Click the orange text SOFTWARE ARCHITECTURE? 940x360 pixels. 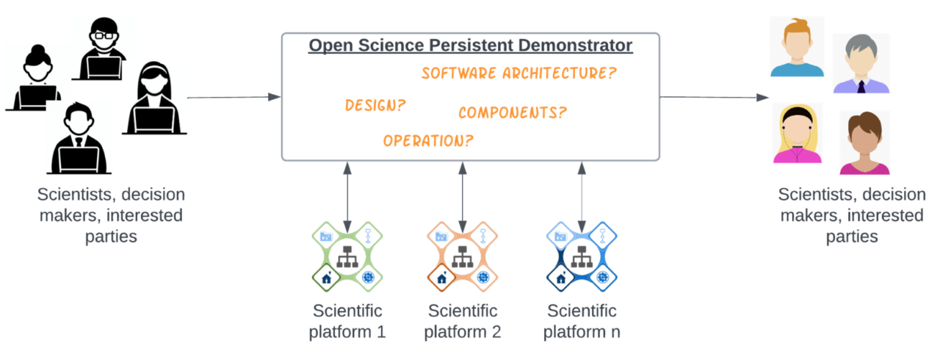(x=518, y=73)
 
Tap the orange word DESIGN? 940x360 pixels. (x=375, y=105)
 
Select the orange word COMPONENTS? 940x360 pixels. (x=513, y=112)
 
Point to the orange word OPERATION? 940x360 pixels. (x=428, y=140)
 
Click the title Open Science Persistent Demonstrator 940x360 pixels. (x=470, y=46)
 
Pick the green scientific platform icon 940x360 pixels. (x=347, y=257)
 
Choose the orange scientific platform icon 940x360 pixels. (x=462, y=257)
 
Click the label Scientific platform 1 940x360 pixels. (x=347, y=320)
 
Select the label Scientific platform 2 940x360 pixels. (x=462, y=320)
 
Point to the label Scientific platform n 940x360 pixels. (x=582, y=320)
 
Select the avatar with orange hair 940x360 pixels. (x=797, y=47)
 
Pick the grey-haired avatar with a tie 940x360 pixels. (x=861, y=65)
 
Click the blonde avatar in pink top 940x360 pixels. (x=797, y=133)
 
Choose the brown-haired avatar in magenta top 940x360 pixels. (x=864, y=144)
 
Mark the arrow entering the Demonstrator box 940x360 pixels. (x=234, y=97)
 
